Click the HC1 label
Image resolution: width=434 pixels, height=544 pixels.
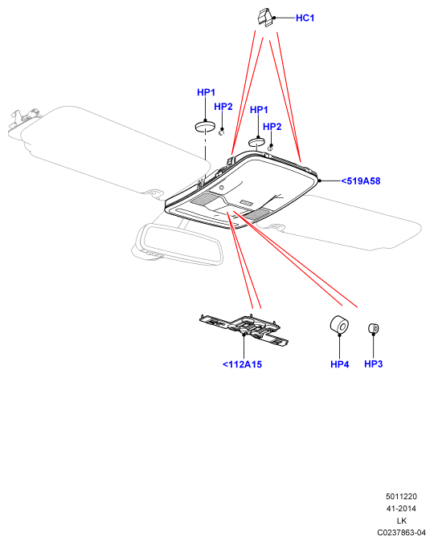click(305, 18)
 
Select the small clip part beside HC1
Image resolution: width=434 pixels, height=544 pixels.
click(265, 18)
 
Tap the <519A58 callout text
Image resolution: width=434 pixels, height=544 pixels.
click(361, 181)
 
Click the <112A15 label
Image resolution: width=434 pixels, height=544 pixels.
click(242, 364)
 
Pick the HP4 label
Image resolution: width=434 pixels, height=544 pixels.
click(339, 364)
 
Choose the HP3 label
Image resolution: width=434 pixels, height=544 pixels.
click(373, 363)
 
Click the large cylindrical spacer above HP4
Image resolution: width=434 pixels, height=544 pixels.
click(339, 324)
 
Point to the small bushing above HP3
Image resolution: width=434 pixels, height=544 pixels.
click(374, 328)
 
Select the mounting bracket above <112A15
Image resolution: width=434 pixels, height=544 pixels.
click(244, 330)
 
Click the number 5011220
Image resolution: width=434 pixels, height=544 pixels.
click(401, 497)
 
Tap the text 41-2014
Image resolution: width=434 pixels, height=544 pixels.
click(401, 509)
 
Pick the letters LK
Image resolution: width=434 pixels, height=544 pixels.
click(402, 521)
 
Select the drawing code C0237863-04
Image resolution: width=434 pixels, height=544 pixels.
click(401, 533)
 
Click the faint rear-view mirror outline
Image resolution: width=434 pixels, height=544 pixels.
click(178, 245)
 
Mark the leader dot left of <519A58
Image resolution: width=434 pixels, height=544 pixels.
click(319, 181)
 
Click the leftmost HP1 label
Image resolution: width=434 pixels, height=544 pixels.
click(206, 92)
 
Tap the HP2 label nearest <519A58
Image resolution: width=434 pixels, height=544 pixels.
click(272, 127)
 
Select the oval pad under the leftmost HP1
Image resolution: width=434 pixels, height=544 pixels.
click(206, 126)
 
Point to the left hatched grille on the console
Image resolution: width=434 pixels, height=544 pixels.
click(205, 199)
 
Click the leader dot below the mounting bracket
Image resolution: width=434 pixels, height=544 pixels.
click(244, 334)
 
